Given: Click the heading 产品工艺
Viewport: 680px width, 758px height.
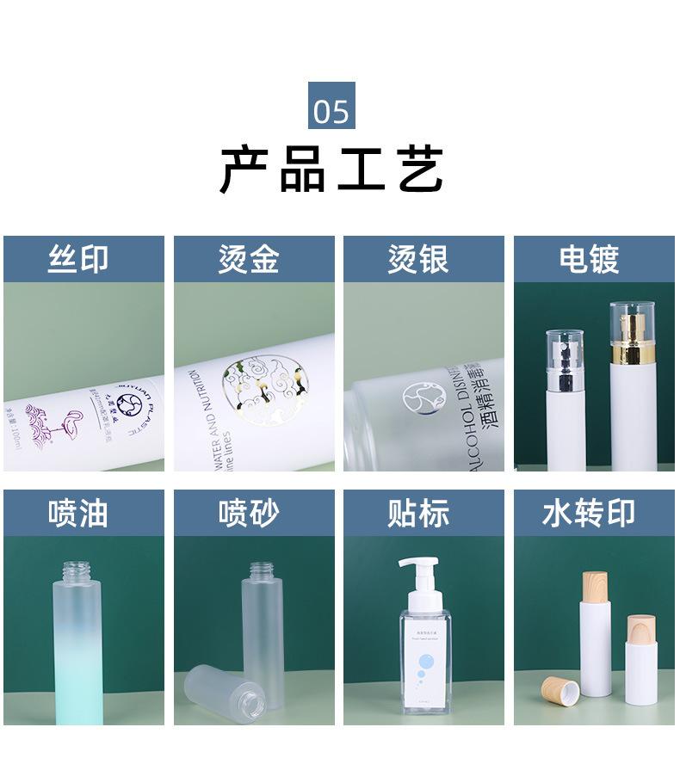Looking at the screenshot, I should pos(331,169).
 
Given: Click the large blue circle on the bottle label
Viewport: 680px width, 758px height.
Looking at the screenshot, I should pos(429,664).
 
